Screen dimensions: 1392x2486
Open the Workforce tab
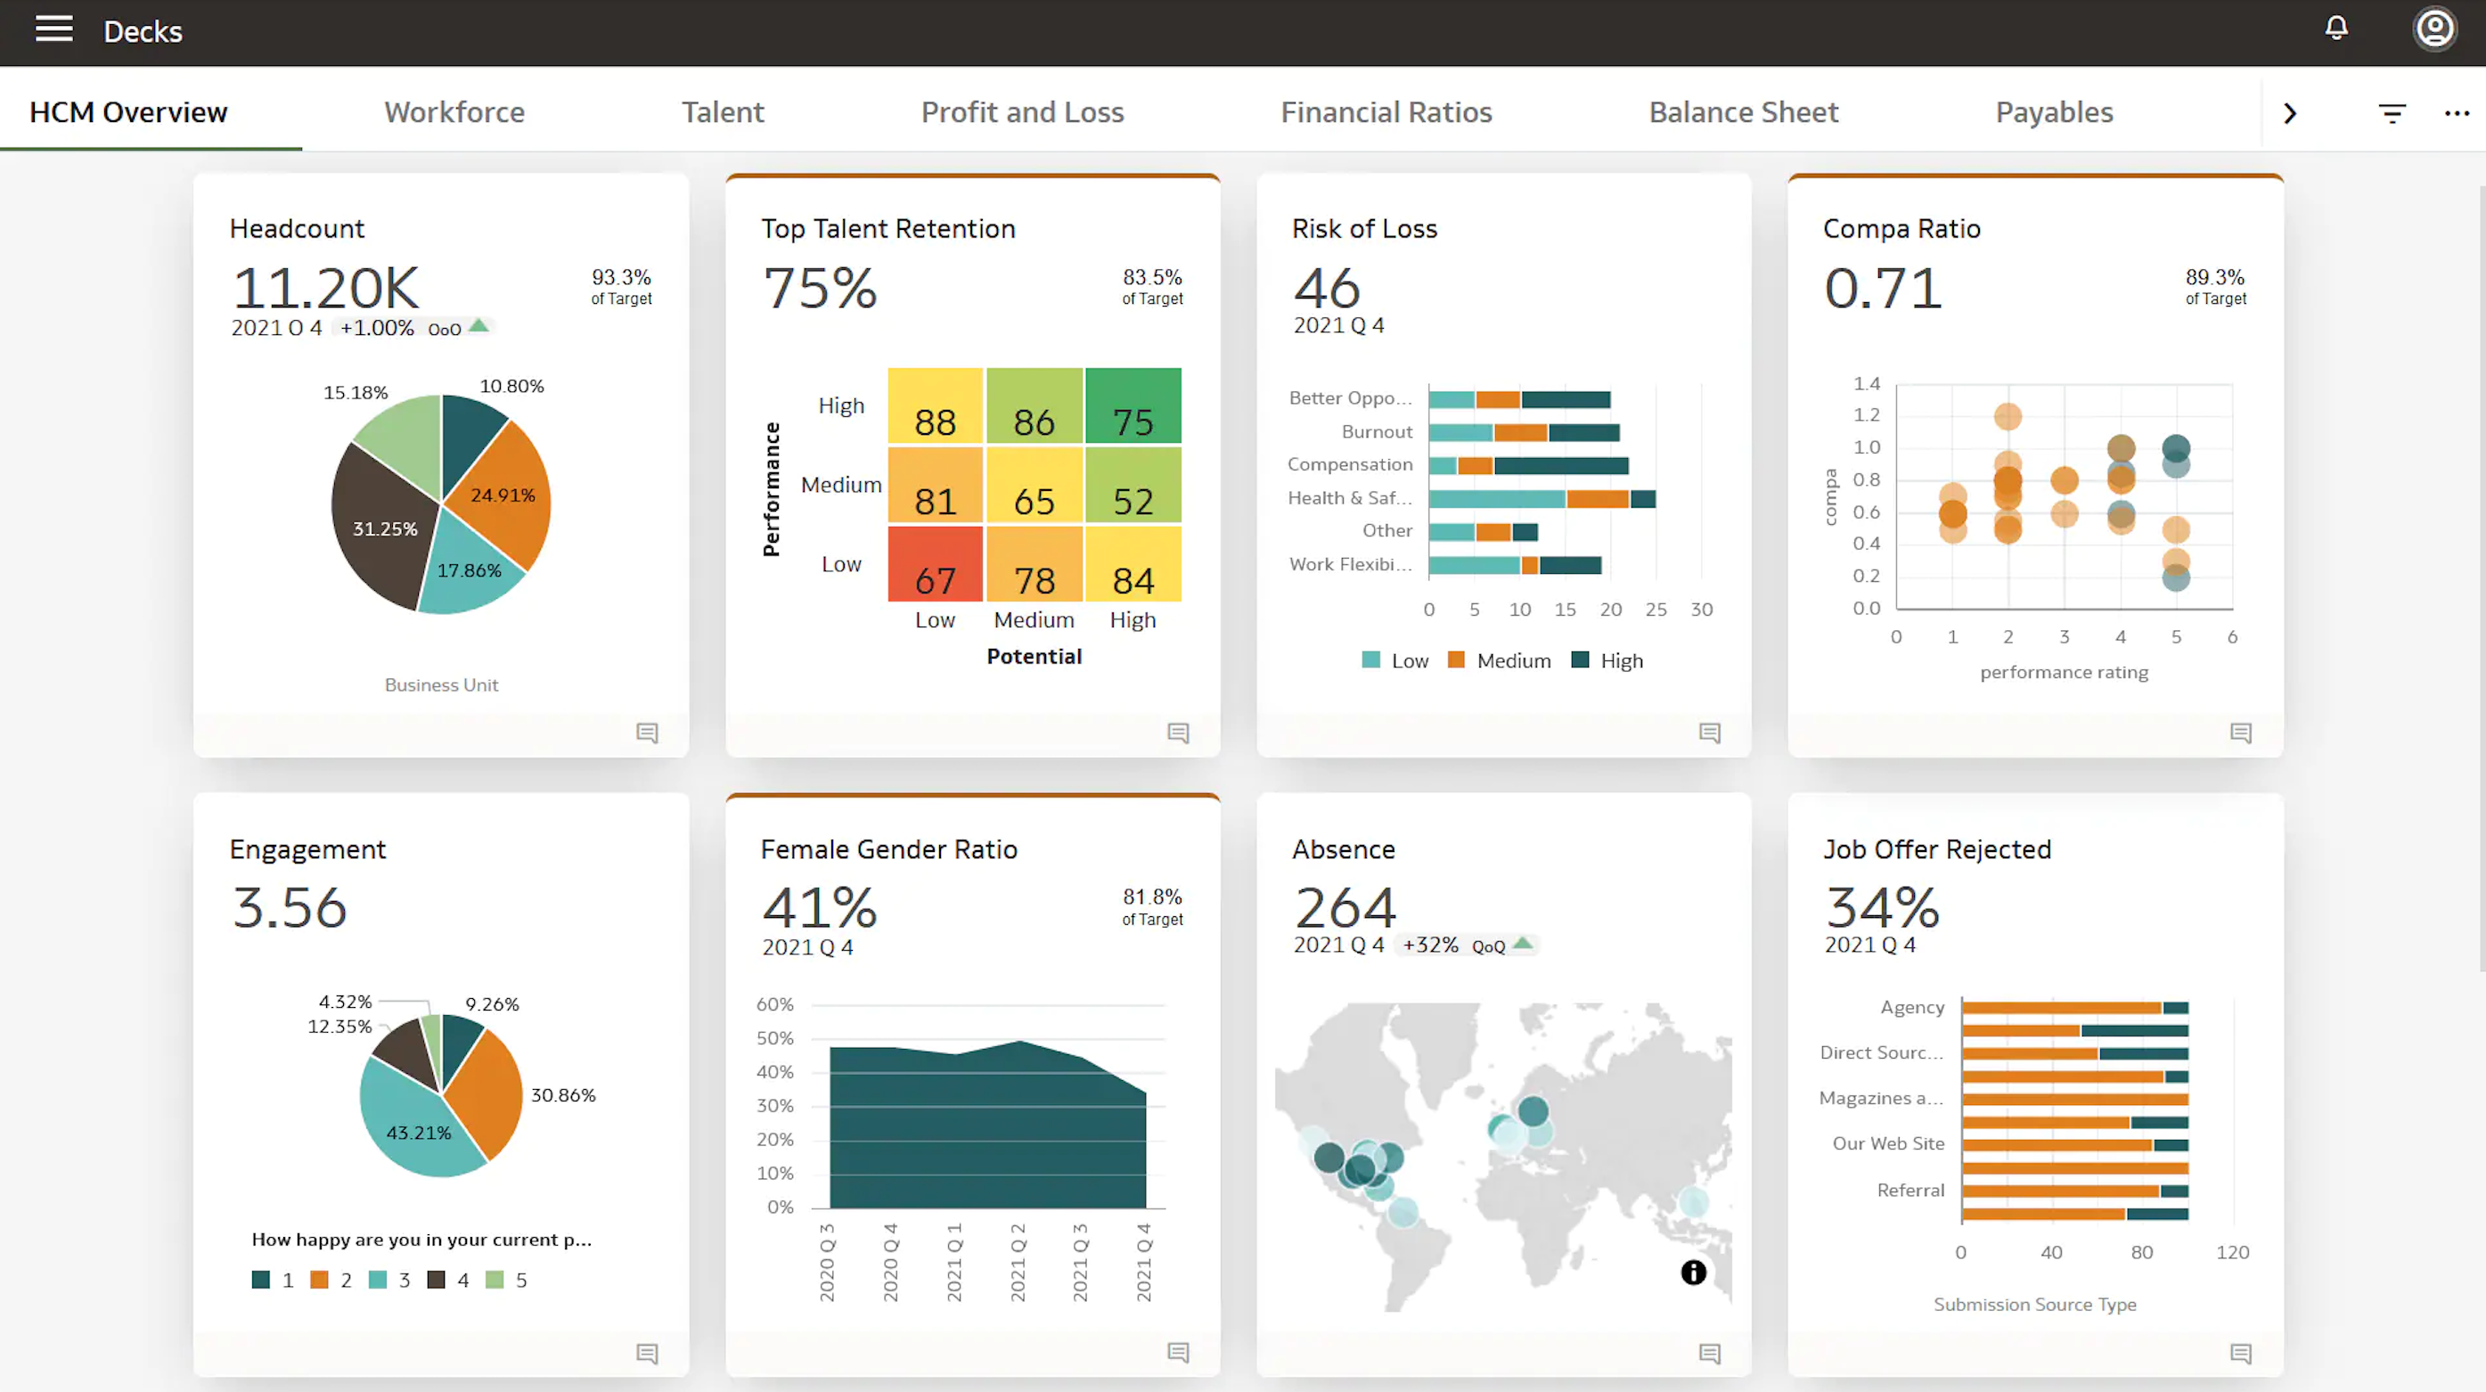pyautogui.click(x=454, y=112)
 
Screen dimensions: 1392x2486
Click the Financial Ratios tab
pyautogui.click(x=1385, y=112)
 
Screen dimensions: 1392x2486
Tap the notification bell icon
pyautogui.click(x=2335, y=28)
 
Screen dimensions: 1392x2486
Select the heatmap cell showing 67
pyautogui.click(x=934, y=565)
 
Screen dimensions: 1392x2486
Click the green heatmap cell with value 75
pyautogui.click(x=1132, y=405)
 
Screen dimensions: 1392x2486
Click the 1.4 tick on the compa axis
pyautogui.click(x=1866, y=383)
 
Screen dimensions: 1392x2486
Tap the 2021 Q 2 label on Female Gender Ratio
pyautogui.click(x=1018, y=1262)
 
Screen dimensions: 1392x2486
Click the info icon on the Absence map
pyautogui.click(x=1693, y=1273)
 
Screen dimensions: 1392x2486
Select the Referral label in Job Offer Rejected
pyautogui.click(x=1909, y=1191)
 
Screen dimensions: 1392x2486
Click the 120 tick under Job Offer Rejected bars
pyautogui.click(x=2231, y=1252)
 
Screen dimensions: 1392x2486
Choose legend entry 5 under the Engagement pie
pyautogui.click(x=508, y=1280)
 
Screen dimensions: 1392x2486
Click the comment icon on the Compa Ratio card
pyautogui.click(x=2240, y=733)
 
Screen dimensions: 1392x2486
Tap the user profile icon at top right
pyautogui.click(x=2434, y=28)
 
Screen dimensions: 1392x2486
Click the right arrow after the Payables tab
pyautogui.click(x=2289, y=114)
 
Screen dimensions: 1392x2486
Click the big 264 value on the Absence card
pyautogui.click(x=1345, y=907)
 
